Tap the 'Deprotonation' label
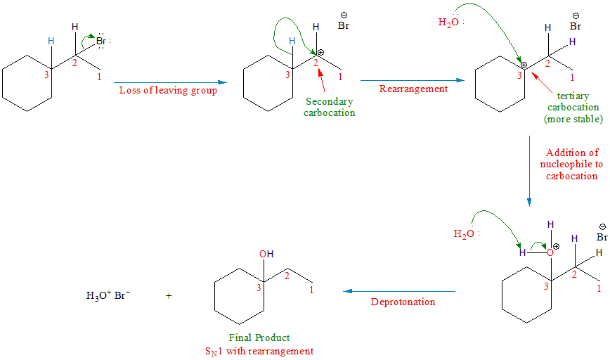point(403,302)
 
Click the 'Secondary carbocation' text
point(329,108)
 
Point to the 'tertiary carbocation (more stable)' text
point(573,108)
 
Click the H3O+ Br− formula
point(108,296)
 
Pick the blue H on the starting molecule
point(50,41)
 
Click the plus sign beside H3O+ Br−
point(169,296)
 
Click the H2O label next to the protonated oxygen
point(465,233)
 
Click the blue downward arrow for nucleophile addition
point(529,169)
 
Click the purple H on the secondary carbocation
point(316,27)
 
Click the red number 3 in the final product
point(258,288)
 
